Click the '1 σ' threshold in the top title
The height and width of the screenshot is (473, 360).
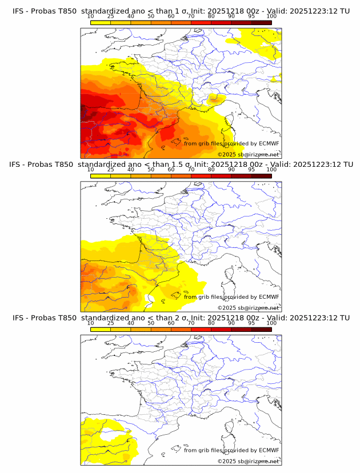184,11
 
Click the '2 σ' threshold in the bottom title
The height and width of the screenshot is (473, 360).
184,318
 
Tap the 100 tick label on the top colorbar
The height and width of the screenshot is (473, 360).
271,16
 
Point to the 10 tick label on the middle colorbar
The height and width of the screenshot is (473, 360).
90,170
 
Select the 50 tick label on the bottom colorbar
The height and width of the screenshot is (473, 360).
151,323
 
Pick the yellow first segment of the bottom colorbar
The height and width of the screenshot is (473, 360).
100,328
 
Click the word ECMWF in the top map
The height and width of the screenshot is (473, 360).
269,143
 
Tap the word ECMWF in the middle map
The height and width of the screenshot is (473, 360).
269,296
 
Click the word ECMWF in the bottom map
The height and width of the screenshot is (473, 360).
269,450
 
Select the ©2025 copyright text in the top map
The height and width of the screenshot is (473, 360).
226,155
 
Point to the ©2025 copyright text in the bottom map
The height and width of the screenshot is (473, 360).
226,462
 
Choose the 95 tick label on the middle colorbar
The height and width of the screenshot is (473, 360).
251,170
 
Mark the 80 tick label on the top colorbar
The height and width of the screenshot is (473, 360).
211,16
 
